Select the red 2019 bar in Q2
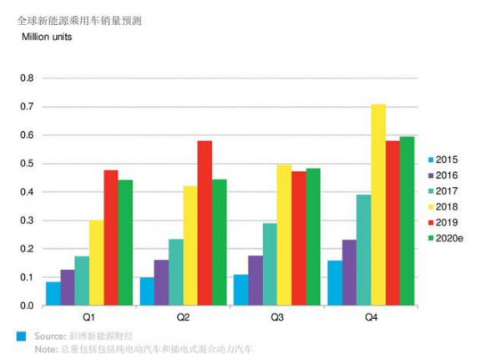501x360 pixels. click(x=205, y=222)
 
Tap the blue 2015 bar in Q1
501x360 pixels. click(x=53, y=293)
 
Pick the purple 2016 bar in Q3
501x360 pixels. click(x=256, y=280)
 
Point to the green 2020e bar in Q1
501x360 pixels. click(x=125, y=242)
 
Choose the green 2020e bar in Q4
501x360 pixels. click(x=407, y=221)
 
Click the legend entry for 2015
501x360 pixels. click(x=440, y=160)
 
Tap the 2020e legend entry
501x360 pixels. click(x=443, y=239)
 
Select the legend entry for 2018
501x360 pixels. click(x=440, y=207)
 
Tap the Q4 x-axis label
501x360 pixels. click(x=371, y=317)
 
